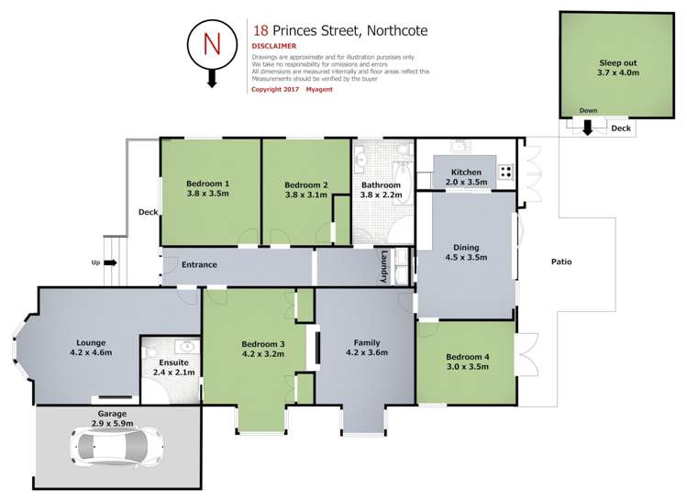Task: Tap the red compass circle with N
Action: (210, 44)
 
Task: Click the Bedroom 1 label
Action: (208, 184)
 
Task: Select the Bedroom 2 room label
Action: (307, 184)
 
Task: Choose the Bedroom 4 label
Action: (468, 357)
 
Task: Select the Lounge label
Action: (90, 342)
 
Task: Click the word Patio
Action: (561, 262)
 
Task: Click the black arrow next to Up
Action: (110, 262)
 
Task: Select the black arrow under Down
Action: (587, 129)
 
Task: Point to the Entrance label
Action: (199, 265)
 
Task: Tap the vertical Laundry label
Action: (385, 266)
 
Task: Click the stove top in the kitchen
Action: (504, 172)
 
